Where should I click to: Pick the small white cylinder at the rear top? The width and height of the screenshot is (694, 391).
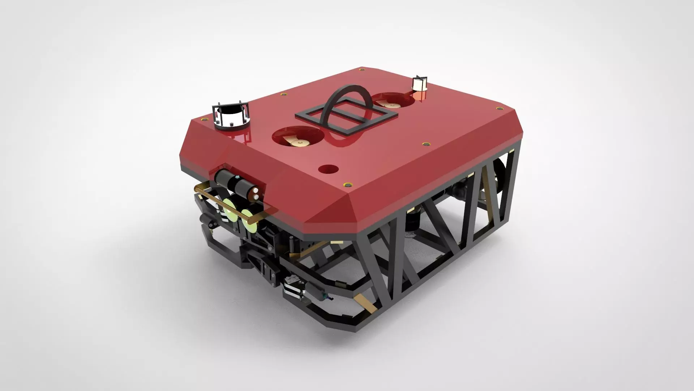point(419,85)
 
